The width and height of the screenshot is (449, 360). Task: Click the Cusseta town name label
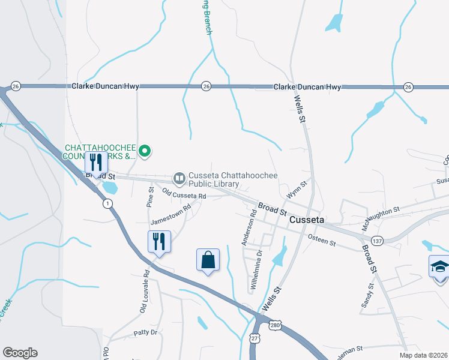[x=307, y=220]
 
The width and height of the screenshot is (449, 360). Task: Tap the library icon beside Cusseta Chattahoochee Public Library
[x=179, y=178]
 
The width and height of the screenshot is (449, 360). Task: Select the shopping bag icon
[x=208, y=260]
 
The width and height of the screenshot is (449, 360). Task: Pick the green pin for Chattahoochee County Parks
[x=145, y=152]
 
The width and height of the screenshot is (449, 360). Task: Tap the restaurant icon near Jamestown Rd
[x=159, y=242]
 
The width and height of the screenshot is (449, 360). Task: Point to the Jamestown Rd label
[x=170, y=214]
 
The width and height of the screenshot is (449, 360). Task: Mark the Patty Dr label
[x=145, y=332]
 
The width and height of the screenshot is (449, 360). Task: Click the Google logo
[x=20, y=353]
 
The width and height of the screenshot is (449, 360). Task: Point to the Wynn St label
[x=297, y=190]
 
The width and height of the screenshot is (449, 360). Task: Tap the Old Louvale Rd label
[x=143, y=298]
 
